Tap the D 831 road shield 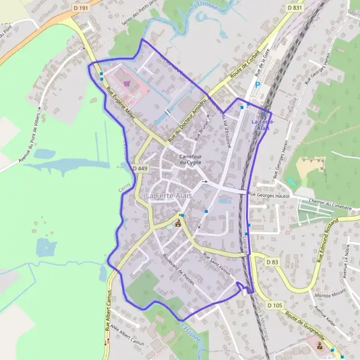[294, 8]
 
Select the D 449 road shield [139, 169]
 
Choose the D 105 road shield [275, 305]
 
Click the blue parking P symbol [258, 85]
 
